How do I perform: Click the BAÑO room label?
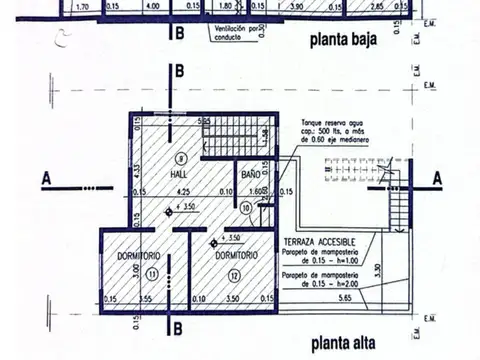[x=250, y=172]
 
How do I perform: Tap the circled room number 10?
[x=248, y=208]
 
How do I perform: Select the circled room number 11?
[x=150, y=271]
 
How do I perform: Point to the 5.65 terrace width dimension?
[x=346, y=298]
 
